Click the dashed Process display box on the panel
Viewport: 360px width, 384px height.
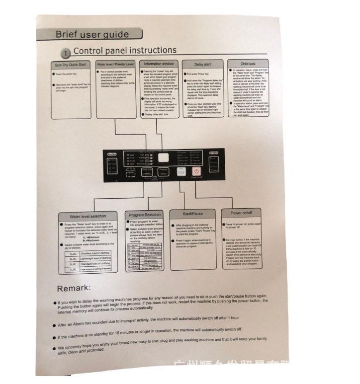coord(130,172)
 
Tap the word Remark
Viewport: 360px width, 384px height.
coord(74,288)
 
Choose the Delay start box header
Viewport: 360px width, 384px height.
coord(202,64)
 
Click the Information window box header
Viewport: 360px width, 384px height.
coord(159,64)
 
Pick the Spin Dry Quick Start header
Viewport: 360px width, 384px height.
coord(70,66)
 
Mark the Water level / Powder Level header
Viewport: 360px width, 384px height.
coord(115,65)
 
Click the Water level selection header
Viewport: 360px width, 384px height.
coord(89,217)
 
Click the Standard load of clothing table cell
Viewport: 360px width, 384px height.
coord(96,264)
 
